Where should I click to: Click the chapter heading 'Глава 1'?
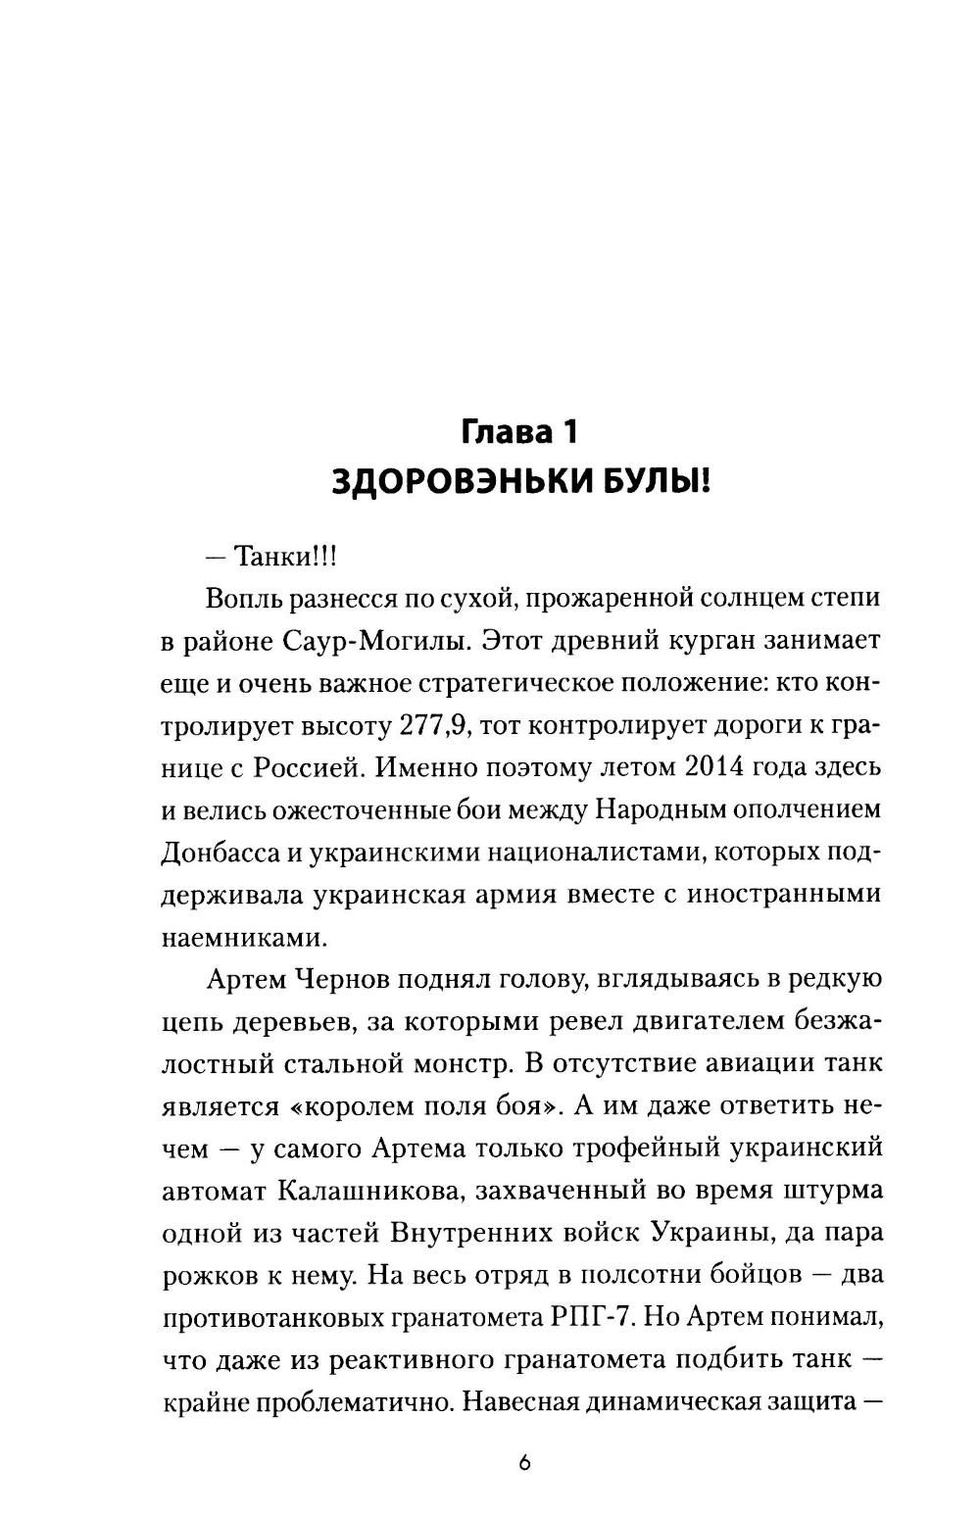pos(522,431)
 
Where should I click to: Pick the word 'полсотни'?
pos(644,1276)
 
